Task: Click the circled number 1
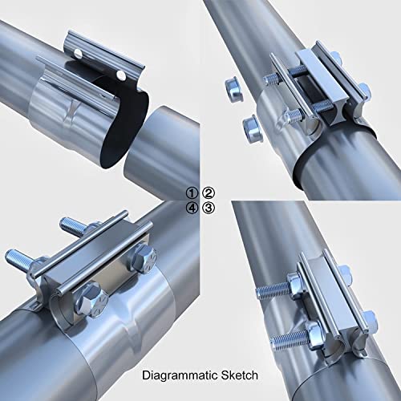tap(192, 192)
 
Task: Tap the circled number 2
tap(209, 192)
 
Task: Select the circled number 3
tap(209, 209)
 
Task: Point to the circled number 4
tap(192, 209)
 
